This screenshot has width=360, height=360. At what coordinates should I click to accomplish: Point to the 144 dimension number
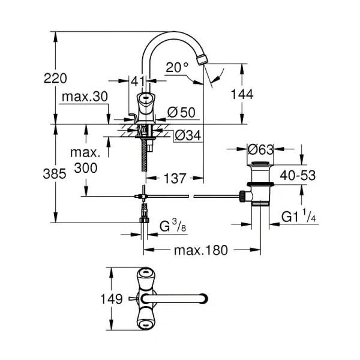(x=241, y=94)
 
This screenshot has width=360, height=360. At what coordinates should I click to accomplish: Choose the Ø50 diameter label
(x=179, y=112)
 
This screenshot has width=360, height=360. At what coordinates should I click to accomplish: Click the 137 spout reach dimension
(x=175, y=178)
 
